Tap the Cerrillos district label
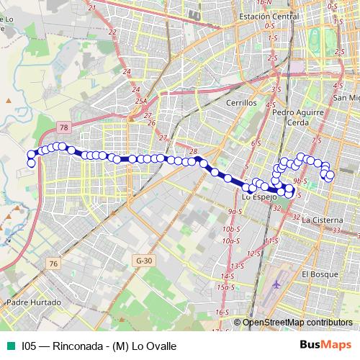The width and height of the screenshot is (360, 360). coord(241,103)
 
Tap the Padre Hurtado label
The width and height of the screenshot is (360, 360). coord(34,302)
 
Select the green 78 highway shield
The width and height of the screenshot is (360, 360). coord(64,127)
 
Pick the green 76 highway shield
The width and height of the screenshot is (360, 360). coord(53,264)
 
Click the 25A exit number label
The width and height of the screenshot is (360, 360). coord(140,101)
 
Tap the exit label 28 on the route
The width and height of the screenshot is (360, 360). coord(193,151)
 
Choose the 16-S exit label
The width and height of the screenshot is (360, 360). coord(222,312)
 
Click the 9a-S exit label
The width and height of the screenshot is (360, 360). coord(232,212)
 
